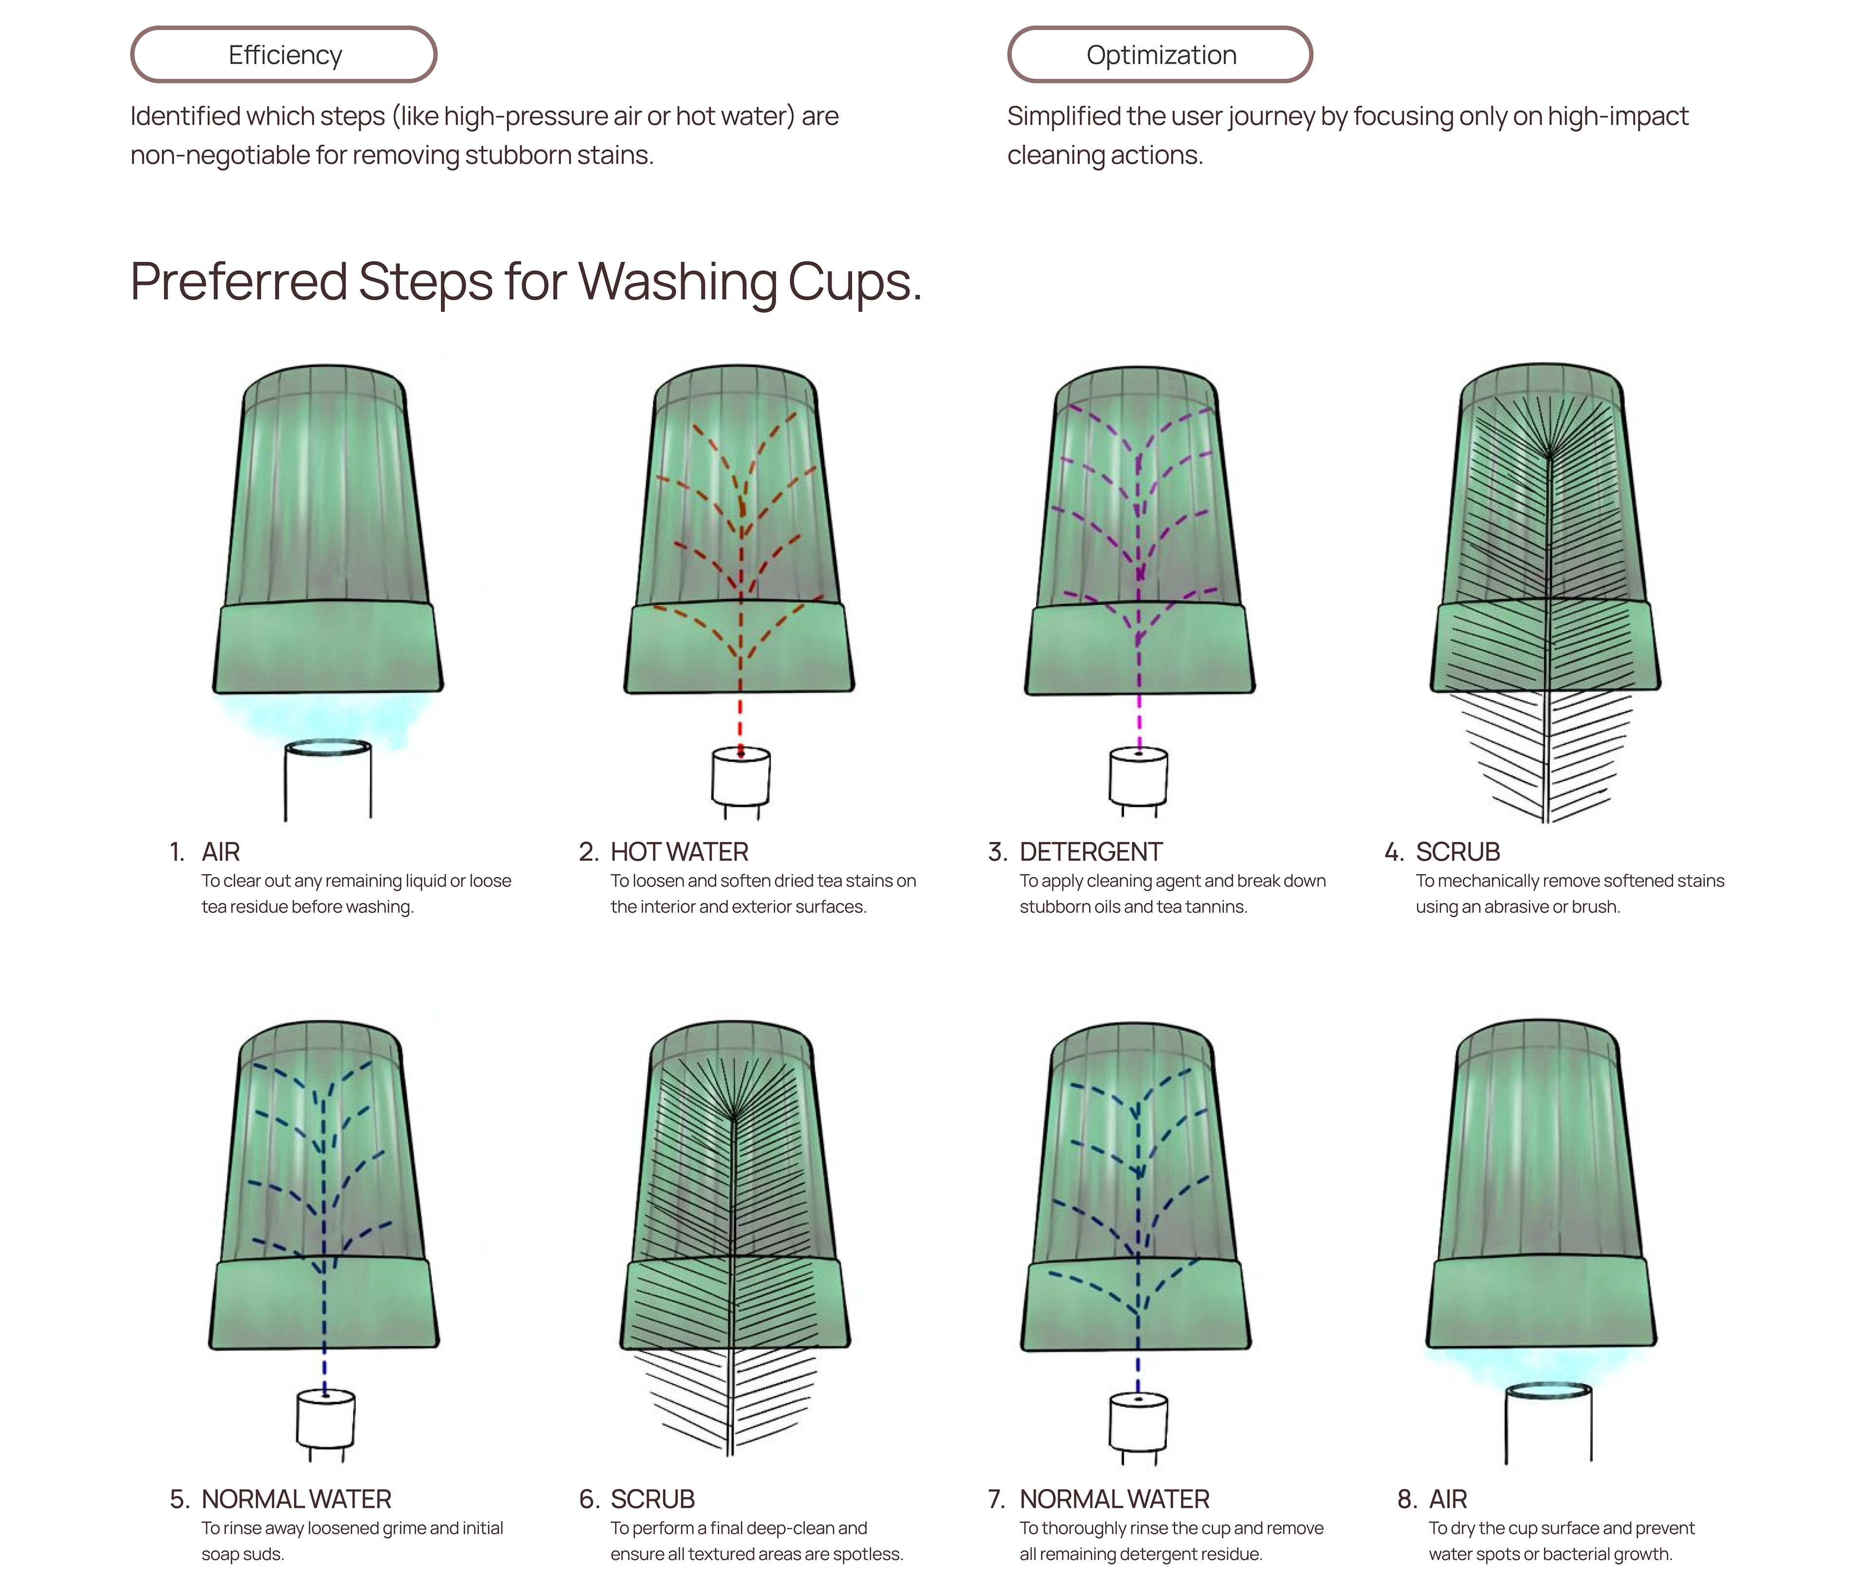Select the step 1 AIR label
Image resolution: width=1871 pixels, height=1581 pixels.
coord(220,852)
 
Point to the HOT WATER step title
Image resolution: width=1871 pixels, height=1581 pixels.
coord(679,852)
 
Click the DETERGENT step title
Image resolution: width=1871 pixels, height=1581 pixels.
coord(1090,852)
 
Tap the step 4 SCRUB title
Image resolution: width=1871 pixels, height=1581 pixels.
coord(1457,852)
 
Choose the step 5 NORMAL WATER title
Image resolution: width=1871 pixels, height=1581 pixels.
coord(296,1499)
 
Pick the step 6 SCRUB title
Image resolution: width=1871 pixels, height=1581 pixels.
coord(652,1499)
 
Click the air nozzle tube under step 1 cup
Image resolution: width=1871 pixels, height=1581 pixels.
coord(328,780)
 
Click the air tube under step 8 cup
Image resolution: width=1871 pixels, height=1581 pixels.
coord(1548,1425)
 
